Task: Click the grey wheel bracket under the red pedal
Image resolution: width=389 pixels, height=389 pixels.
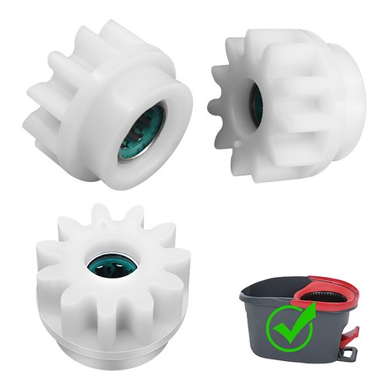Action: coord(348,353)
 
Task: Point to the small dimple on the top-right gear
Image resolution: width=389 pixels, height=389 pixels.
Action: coord(235,145)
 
